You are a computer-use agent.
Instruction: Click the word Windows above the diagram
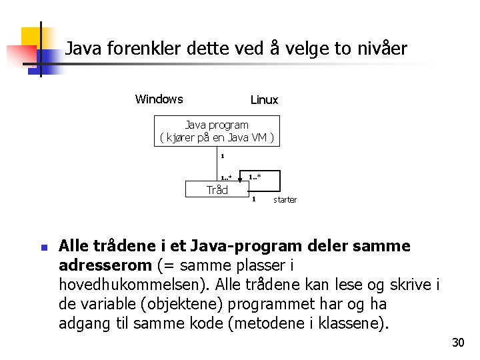[x=159, y=99]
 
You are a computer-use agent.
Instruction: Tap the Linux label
[x=264, y=100]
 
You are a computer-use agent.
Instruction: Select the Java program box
[x=217, y=131]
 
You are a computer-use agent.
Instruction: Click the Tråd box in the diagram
[x=217, y=190]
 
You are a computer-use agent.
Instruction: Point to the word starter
[x=285, y=199]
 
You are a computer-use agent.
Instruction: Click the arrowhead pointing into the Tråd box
[x=240, y=179]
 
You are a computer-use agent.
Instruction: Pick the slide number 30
[x=457, y=343]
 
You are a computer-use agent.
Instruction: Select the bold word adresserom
[x=105, y=265]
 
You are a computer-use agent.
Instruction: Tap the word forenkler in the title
[x=141, y=49]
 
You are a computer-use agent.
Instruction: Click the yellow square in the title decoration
[x=32, y=37]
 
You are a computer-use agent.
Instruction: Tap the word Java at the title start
[x=81, y=49]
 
